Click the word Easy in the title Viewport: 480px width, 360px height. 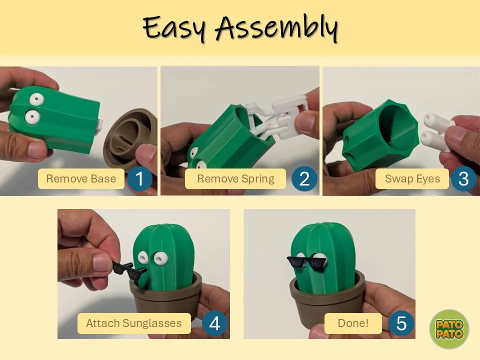tap(174, 27)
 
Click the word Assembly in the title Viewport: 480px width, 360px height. tap(276, 27)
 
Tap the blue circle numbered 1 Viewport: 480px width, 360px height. tap(139, 179)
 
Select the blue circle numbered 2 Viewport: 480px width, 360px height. tap(304, 179)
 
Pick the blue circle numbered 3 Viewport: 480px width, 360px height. tap(463, 179)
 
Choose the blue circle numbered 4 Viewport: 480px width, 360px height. tap(214, 323)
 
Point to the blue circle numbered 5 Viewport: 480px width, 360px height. tap(401, 323)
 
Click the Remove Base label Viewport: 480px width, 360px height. tap(81, 179)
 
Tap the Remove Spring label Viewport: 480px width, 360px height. tap(235, 179)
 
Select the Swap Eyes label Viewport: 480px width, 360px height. tap(412, 179)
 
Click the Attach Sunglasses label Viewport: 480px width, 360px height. tap(134, 323)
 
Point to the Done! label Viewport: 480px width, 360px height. tap(353, 323)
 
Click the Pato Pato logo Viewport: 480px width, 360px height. tap(449, 329)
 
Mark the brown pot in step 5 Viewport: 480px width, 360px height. tap(327, 300)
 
